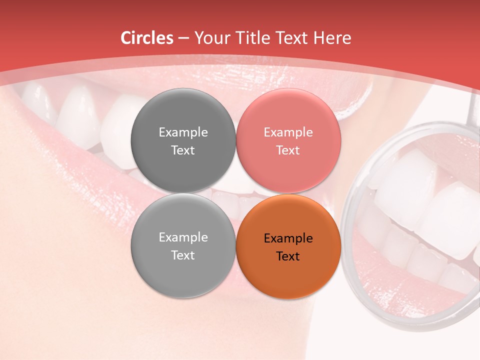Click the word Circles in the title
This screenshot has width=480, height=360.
146,38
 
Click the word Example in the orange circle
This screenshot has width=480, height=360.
288,238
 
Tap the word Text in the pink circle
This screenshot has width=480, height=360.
288,150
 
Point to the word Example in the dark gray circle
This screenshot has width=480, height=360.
183,132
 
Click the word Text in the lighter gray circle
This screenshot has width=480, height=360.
183,255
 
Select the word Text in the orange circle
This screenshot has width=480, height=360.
288,256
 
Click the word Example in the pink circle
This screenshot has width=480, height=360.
288,132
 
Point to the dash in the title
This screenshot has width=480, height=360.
183,38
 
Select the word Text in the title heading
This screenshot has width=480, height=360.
290,38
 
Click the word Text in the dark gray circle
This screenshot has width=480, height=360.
183,150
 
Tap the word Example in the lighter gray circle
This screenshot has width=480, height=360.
183,237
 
